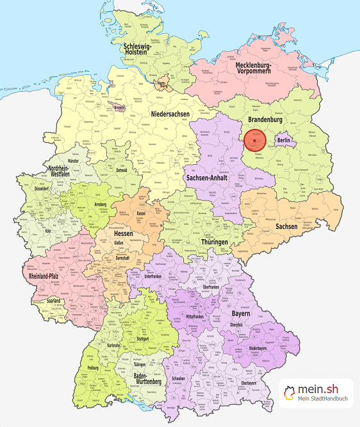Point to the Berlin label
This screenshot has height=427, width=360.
coord(284,140)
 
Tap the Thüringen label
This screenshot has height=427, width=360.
coord(212,242)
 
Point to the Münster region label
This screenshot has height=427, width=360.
coord(60,162)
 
